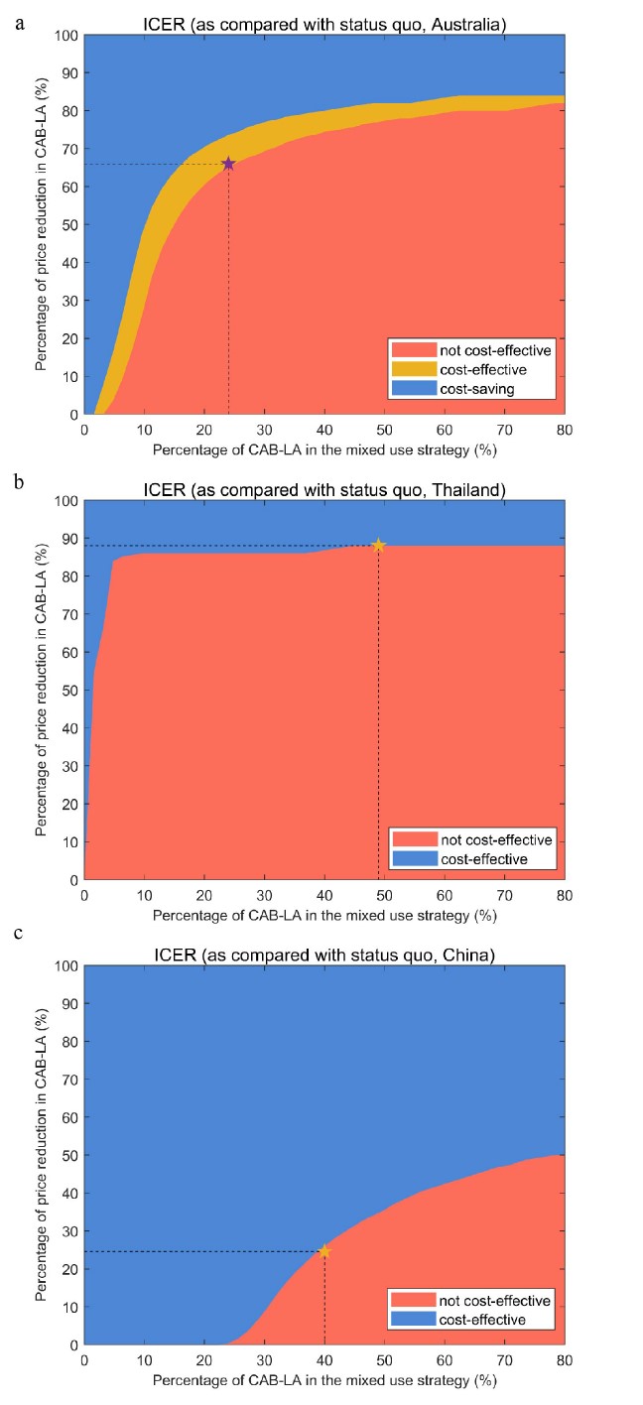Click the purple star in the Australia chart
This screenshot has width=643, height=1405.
[x=228, y=164]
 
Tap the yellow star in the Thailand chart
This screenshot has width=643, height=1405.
[x=378, y=545]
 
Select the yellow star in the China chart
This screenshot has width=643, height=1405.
[x=324, y=1251]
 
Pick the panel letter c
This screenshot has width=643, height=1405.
[x=19, y=935]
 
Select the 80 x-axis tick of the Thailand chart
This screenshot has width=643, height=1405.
[x=565, y=895]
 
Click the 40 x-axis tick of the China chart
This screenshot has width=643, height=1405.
[x=324, y=1360]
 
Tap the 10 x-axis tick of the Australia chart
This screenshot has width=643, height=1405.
[x=144, y=430]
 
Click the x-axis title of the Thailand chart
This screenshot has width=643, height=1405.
[x=323, y=914]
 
